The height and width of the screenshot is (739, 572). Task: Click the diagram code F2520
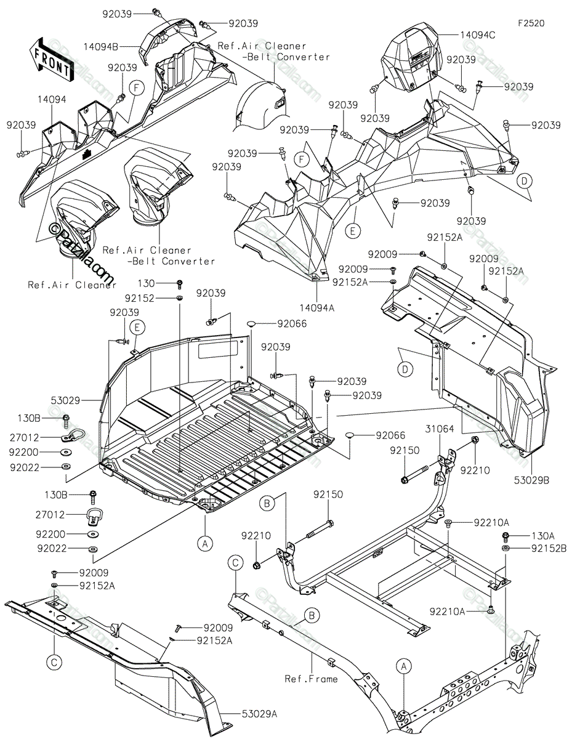pyautogui.click(x=531, y=23)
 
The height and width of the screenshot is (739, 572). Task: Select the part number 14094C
pyautogui.click(x=477, y=36)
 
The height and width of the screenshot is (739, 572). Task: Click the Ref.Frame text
pyautogui.click(x=311, y=679)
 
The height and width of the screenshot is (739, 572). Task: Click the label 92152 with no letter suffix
pyautogui.click(x=140, y=297)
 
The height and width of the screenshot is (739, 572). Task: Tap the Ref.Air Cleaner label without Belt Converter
pyautogui.click(x=72, y=285)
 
